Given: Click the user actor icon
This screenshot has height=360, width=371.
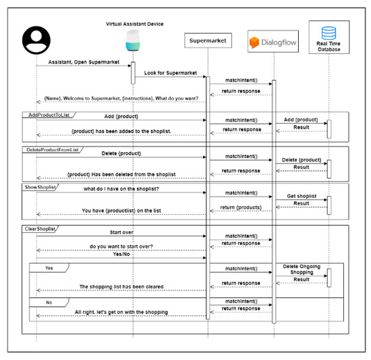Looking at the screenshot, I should pos(36,42).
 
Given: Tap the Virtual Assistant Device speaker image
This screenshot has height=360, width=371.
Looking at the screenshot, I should pos(132,43).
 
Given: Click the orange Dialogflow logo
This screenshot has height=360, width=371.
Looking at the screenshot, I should pos(255,43).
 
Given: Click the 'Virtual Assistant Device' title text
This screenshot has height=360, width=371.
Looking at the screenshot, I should pos(135,24).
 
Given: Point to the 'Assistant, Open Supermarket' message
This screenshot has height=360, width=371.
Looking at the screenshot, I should pos(82,62).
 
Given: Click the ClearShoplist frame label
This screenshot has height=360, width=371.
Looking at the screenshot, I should pos(41,230).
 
